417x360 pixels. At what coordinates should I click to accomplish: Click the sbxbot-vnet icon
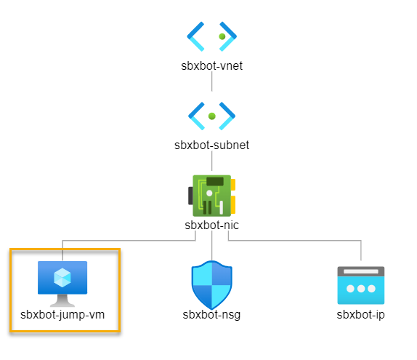click(x=211, y=35)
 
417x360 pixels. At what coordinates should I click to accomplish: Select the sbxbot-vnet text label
click(x=211, y=65)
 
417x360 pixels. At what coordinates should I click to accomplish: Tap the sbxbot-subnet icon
click(x=211, y=115)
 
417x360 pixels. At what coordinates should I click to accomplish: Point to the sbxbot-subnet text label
click(x=211, y=145)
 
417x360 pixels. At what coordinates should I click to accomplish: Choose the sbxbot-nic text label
click(x=211, y=225)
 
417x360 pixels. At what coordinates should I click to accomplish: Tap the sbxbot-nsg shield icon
click(x=211, y=285)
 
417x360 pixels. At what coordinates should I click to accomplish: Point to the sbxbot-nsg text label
click(x=211, y=315)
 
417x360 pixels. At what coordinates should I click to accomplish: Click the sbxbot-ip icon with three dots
click(x=360, y=285)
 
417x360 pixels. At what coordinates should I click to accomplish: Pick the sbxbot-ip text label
click(x=360, y=315)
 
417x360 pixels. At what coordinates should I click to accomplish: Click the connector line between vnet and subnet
click(x=211, y=81)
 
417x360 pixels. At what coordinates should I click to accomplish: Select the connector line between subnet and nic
click(x=211, y=162)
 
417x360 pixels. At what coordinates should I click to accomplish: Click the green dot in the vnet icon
click(x=220, y=35)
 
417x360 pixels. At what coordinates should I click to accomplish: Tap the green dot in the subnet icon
click(x=211, y=116)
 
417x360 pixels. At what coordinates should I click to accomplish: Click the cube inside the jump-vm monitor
click(x=62, y=277)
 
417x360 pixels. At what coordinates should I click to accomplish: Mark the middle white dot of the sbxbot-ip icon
click(x=360, y=289)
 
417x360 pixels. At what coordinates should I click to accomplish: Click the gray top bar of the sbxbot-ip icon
click(x=360, y=271)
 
